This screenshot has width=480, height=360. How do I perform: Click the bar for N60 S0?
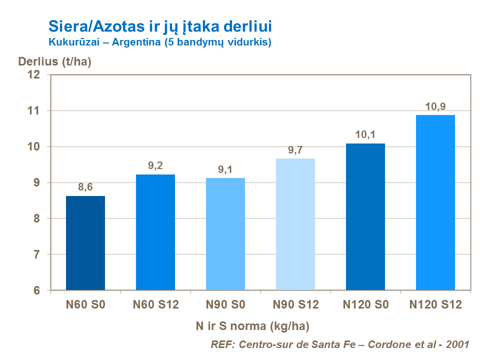coord(85,243)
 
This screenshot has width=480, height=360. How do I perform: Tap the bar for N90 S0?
coord(225,234)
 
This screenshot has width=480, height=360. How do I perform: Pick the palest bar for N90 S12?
coord(295,224)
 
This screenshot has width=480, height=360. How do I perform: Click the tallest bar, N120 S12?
coord(435,202)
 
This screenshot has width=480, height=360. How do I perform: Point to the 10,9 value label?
coord(435,106)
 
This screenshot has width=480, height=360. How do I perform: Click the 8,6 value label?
coord(85,187)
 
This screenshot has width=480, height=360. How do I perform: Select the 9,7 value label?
coord(295,149)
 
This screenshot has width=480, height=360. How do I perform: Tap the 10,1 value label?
coord(365,134)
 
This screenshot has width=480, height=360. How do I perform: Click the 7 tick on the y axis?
coord(36,254)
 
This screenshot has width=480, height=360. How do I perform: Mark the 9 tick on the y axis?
coord(36,183)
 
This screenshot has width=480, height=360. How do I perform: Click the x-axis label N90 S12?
coord(295,304)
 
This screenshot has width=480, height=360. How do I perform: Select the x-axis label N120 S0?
coord(365,304)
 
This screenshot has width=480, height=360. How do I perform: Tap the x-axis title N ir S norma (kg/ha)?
coord(252,326)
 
